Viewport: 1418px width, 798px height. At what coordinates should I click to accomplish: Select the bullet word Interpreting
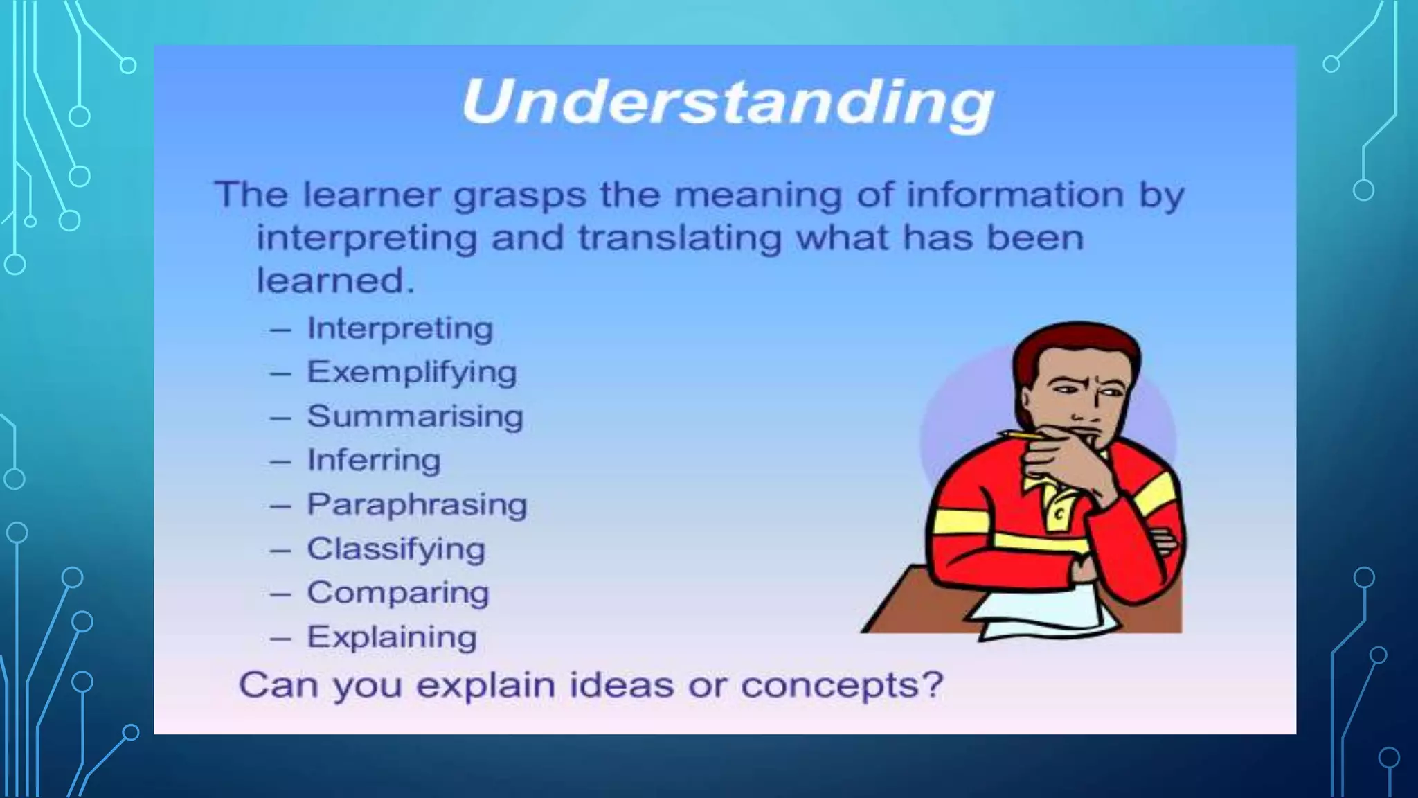click(x=400, y=328)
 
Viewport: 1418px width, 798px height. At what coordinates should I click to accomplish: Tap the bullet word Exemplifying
click(x=411, y=373)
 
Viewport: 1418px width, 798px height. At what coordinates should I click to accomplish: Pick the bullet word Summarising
click(x=415, y=416)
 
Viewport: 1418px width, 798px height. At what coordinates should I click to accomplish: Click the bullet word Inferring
click(x=373, y=461)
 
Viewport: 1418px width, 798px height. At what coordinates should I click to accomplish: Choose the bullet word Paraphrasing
click(x=417, y=504)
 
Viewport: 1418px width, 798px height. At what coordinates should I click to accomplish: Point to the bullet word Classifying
click(x=396, y=549)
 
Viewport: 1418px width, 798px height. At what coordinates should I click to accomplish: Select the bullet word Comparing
click(x=397, y=593)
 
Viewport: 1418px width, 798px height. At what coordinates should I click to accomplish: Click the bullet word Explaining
click(x=392, y=637)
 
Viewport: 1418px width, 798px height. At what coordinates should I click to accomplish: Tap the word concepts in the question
click(x=842, y=685)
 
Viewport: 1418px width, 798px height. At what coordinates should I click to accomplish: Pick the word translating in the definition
click(x=680, y=238)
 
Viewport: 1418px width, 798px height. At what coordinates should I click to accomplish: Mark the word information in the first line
click(x=1015, y=195)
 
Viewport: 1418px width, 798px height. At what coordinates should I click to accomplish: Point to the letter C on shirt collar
click(x=1059, y=514)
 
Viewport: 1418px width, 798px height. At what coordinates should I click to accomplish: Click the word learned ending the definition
click(x=335, y=281)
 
